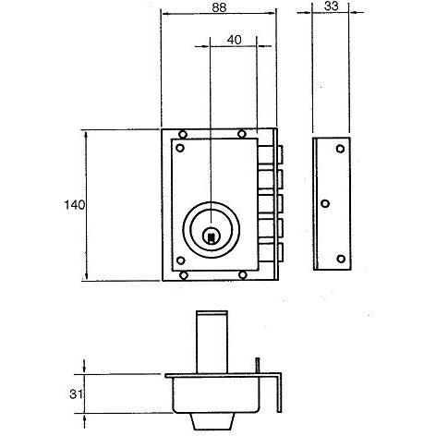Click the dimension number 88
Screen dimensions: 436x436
coord(219,7)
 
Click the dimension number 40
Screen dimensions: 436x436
coord(234,40)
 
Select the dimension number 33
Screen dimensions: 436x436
coord(332,6)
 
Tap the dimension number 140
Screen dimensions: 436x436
coord(74,205)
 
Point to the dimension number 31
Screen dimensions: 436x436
coord(77,394)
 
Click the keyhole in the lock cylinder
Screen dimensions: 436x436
coord(211,236)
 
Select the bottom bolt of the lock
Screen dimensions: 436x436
coord(271,252)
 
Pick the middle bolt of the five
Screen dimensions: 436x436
coord(271,203)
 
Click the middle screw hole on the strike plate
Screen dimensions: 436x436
coord(325,203)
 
